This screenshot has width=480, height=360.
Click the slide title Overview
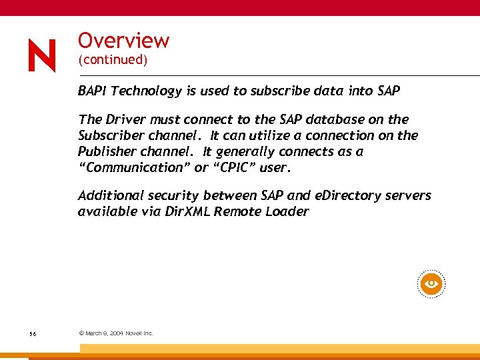124,40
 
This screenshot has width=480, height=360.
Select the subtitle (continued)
112,60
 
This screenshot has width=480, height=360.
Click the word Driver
127,119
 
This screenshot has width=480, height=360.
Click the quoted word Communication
133,167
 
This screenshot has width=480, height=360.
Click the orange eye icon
431,285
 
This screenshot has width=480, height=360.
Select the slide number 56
33,333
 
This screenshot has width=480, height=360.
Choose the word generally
255,151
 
